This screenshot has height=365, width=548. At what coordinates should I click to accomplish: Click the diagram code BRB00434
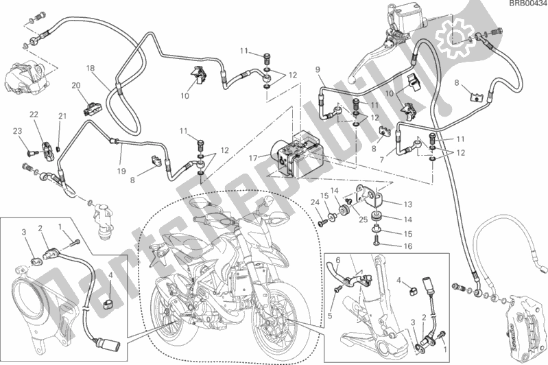pyautogui.click(x=527, y=4)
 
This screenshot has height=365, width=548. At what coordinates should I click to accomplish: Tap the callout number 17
pyautogui.click(x=253, y=158)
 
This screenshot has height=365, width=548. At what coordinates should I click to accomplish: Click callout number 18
pyautogui.click(x=91, y=68)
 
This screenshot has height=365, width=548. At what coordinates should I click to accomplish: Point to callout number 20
pyautogui.click(x=76, y=86)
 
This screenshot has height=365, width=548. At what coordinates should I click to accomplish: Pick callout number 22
pyautogui.click(x=34, y=115)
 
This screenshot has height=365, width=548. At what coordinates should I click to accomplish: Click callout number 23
pyautogui.click(x=17, y=131)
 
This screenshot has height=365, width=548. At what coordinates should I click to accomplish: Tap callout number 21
pyautogui.click(x=62, y=116)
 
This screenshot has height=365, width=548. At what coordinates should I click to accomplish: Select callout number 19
pyautogui.click(x=121, y=171)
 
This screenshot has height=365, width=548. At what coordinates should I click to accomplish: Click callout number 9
pyautogui.click(x=318, y=70)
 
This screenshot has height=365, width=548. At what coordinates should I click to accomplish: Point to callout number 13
pyautogui.click(x=408, y=204)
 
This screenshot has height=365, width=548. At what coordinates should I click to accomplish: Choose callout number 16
pyautogui.click(x=408, y=246)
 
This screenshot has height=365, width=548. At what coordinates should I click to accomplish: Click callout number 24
pyautogui.click(x=315, y=202)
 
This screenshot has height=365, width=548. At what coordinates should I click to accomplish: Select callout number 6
pyautogui.click(x=338, y=259)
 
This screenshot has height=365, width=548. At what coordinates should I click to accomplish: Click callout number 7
pyautogui.click(x=381, y=160)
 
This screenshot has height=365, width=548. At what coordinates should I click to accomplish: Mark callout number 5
pyautogui.click(x=330, y=307)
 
